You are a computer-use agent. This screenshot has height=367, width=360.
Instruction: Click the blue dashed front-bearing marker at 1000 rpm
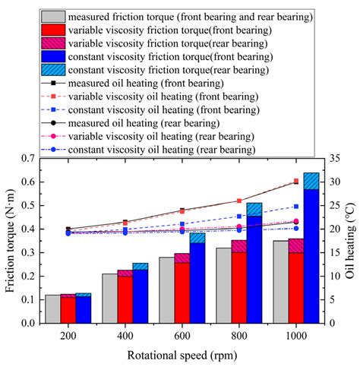tap(296, 207)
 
